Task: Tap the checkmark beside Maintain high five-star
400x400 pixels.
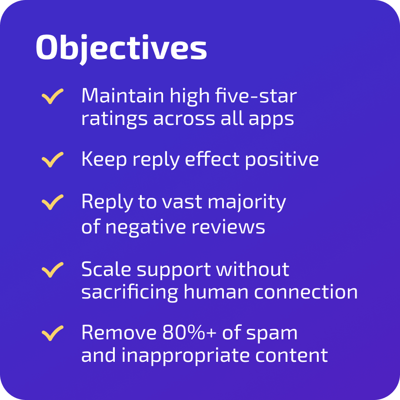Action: [x=53, y=96]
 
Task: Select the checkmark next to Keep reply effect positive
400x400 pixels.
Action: [x=53, y=160]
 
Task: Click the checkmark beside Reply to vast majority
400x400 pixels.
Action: [x=53, y=203]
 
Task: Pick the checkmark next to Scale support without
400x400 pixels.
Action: [x=53, y=270]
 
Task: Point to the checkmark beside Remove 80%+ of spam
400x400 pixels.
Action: [x=53, y=334]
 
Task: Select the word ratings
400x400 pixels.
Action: [x=114, y=119]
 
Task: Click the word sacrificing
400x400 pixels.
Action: [x=130, y=293]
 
